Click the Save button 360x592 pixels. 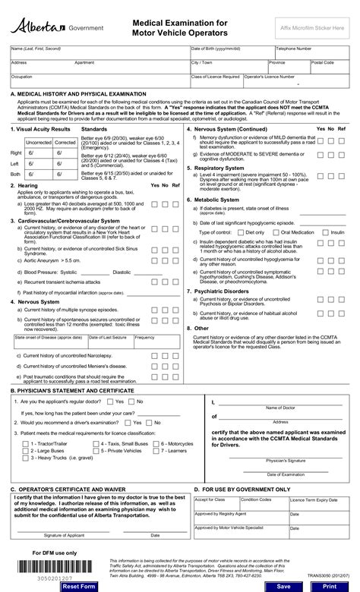point(283,587)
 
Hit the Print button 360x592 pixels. point(329,587)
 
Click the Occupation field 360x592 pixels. point(99,80)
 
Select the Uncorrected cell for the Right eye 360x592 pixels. point(39,153)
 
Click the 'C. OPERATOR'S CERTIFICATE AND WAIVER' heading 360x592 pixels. point(67,490)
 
